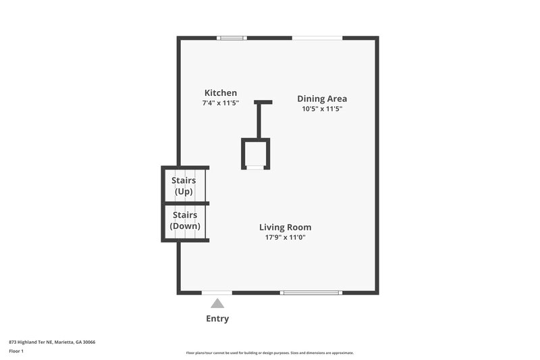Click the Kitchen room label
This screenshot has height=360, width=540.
coord(221,93)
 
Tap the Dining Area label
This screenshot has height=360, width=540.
coord(322,99)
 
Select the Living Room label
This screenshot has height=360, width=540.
coord(285,228)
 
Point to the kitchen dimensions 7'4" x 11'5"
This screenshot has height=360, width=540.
coord(221,103)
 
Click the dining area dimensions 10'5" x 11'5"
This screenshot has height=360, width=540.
coord(322,109)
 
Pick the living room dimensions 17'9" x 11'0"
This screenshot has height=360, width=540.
coord(285,237)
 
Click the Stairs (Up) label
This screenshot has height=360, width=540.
coord(184,186)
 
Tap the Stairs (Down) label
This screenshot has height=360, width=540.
coord(184,221)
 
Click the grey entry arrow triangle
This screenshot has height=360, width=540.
coord(217,304)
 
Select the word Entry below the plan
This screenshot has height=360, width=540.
coord(217,319)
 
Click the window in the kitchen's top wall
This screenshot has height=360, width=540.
coord(232,38)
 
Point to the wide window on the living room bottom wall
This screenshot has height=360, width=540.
coord(310,292)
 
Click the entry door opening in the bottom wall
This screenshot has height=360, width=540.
coord(217,292)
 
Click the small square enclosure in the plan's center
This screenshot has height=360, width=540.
coord(256,153)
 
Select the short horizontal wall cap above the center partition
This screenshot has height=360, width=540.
coord(263,103)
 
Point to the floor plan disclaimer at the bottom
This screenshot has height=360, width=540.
coord(269,353)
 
